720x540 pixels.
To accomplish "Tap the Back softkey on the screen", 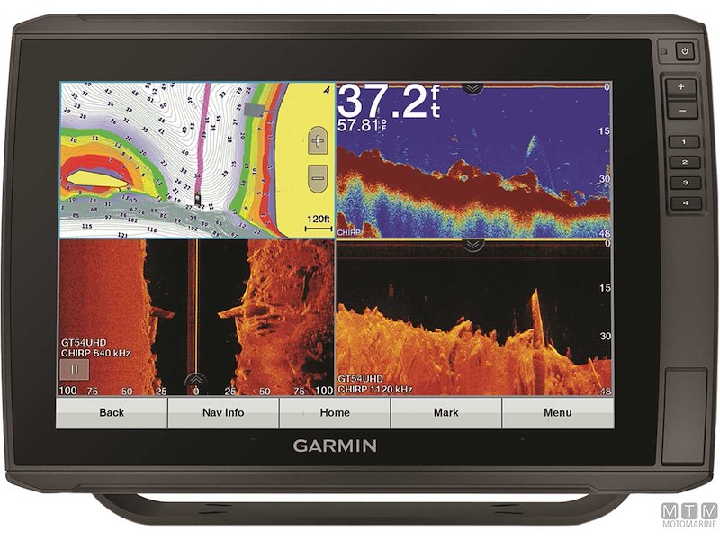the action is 112,413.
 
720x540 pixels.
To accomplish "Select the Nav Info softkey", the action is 223,413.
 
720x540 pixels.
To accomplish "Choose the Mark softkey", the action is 445,413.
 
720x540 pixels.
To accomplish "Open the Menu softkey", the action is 557,413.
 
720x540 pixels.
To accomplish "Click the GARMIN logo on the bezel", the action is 335,445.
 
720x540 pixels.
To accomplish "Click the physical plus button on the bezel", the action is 681,87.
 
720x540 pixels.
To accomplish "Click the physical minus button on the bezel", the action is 681,110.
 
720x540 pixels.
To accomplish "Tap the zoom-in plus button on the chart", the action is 317,140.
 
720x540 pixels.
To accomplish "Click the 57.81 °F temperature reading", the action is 362,125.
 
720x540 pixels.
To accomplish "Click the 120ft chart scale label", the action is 318,219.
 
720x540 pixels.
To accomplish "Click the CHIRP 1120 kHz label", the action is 374,390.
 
